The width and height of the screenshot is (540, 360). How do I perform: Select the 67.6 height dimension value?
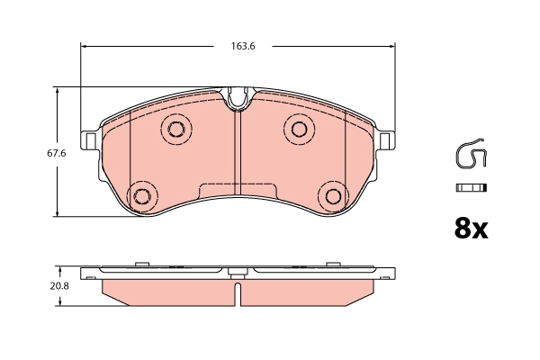coord(58,154)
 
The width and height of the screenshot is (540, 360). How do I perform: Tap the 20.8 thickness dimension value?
coord(59,285)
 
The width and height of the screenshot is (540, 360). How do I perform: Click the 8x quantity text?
coord(469,229)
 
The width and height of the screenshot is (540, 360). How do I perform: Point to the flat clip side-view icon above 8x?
coord(471,187)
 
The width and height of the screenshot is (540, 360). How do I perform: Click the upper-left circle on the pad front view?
coord(175,128)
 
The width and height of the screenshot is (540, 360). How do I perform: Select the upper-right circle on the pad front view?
coord(299,128)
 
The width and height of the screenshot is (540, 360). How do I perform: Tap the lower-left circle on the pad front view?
coord(141,195)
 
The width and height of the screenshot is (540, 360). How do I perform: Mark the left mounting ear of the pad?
coord(90,140)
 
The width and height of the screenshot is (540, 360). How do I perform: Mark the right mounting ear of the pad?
coord(386,140)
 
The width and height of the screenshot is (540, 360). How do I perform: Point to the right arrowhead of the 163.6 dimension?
coord(392,46)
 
